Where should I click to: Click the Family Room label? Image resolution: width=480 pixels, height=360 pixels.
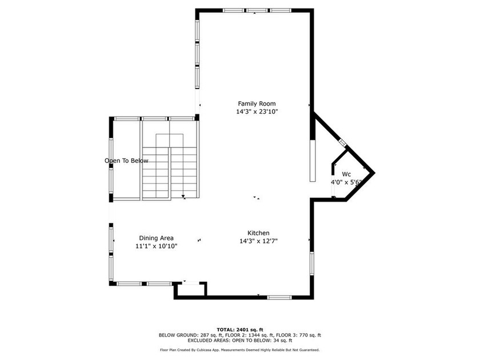tap(257, 103)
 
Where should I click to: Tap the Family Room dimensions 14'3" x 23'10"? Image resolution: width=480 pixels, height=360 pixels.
tap(257, 111)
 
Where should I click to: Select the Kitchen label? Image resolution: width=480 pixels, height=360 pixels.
tap(258, 233)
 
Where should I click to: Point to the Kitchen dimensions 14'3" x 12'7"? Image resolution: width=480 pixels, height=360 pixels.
tap(258, 241)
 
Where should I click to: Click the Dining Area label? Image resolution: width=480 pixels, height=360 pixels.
tap(156, 238)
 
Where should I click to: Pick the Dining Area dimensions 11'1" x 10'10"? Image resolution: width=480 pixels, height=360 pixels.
tap(156, 246)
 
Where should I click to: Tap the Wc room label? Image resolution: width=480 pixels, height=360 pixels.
tap(346, 174)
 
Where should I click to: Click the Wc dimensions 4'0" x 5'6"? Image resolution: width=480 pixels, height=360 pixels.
tap(346, 182)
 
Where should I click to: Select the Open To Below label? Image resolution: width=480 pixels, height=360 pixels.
tap(126, 161)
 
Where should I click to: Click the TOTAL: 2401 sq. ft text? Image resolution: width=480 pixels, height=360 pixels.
tap(240, 330)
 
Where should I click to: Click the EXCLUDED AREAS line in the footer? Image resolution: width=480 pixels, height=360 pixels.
tap(240, 341)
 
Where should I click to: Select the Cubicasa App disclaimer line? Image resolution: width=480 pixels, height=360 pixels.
tap(239, 350)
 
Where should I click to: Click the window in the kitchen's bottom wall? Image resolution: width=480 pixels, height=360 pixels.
tap(279, 297)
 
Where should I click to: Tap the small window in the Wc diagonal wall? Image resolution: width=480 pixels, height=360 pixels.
tap(342, 142)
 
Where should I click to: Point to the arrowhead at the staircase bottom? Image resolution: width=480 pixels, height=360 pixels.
tap(183, 196)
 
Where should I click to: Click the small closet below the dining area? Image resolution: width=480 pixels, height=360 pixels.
tap(190, 290)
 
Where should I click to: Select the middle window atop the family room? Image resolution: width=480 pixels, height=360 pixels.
tap(257, 10)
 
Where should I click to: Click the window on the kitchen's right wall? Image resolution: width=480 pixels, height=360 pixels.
tap(312, 263)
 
